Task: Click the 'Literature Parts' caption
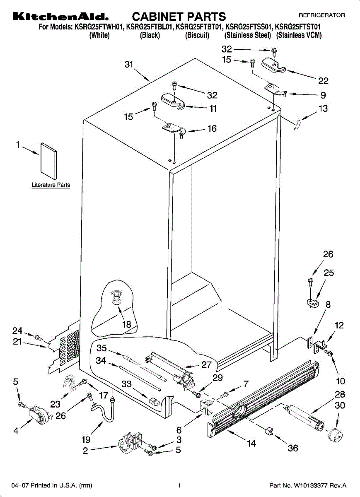51,185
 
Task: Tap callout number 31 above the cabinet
129,64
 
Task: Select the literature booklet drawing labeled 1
48,161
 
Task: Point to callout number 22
323,81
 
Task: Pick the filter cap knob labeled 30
336,436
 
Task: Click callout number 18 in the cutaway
127,325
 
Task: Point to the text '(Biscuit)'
197,35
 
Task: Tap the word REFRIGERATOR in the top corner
321,15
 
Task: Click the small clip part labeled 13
297,125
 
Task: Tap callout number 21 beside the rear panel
17,341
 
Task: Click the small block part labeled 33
154,401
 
